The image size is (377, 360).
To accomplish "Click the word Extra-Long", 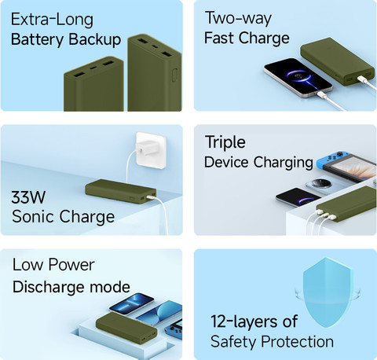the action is coord(52,20).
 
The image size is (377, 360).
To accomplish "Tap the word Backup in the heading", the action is coord(95,39).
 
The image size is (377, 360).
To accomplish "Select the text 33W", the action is coord(28,197).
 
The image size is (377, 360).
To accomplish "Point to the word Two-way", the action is coord(239,18).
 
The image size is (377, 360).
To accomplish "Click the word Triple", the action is coord(225,143).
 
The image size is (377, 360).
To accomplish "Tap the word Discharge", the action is coord(49,287).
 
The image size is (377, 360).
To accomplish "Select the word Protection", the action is coord(298,342).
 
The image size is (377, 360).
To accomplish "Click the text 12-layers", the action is coord(243,321).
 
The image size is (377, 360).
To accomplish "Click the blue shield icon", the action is coord(328,292).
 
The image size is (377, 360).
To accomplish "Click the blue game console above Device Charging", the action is coord(346,166).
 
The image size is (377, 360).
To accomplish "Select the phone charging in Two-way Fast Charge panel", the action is coord(298,77).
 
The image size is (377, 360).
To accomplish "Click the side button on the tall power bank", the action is coord(174,75).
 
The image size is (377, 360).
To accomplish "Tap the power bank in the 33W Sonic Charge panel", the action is coord(121,191).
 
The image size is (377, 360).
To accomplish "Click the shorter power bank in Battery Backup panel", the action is coord(93,84).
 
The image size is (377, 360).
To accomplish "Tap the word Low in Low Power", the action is coord(27,265).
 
